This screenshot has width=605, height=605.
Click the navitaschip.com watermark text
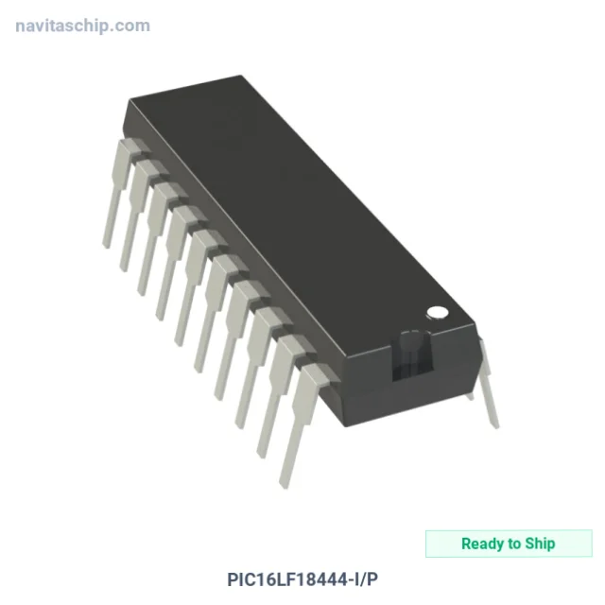pyautogui.click(x=82, y=26)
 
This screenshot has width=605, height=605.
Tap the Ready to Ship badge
pyautogui.click(x=509, y=544)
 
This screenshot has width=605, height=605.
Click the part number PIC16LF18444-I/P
pyautogui.click(x=302, y=579)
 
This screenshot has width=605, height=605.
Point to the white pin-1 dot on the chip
pyautogui.click(x=438, y=313)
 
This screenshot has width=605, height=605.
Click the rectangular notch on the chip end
pyautogui.click(x=412, y=355)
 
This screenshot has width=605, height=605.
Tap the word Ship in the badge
pyautogui.click(x=540, y=544)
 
